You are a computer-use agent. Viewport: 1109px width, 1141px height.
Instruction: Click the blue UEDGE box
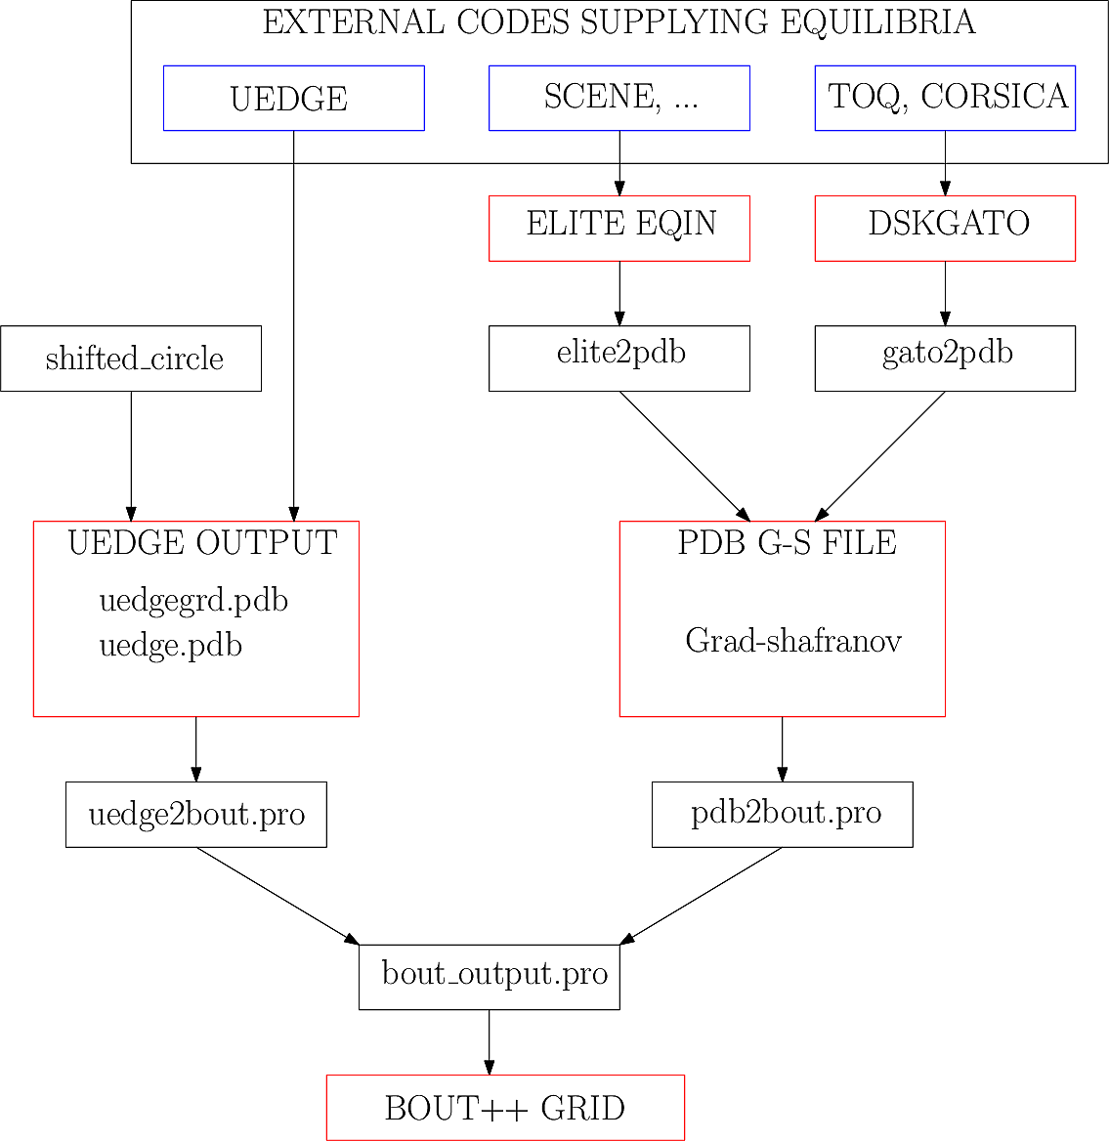click(x=293, y=98)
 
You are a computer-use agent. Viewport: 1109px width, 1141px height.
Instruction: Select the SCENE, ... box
click(x=618, y=98)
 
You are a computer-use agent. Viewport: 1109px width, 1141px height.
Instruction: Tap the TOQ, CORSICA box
click(x=945, y=98)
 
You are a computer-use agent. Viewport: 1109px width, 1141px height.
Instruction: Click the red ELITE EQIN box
click(x=618, y=228)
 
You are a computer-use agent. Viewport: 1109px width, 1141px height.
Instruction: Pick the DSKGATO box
click(x=945, y=228)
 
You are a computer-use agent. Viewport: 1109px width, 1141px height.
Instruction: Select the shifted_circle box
click(x=131, y=359)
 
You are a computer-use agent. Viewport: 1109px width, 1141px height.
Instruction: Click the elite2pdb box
click(x=618, y=359)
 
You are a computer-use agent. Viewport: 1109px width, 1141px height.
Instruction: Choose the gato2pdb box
click(x=945, y=359)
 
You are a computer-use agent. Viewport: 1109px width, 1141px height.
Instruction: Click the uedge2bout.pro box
click(x=195, y=814)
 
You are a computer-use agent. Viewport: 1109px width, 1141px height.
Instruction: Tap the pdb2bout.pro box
click(x=782, y=814)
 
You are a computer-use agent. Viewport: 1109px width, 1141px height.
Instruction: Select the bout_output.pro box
click(x=489, y=976)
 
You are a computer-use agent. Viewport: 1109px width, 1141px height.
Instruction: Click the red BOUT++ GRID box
click(x=505, y=1108)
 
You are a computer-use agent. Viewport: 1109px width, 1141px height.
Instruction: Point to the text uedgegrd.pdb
click(x=193, y=600)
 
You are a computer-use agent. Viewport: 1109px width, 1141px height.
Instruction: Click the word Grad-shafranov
click(x=792, y=641)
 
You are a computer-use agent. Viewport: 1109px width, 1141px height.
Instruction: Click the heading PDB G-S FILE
click(x=787, y=542)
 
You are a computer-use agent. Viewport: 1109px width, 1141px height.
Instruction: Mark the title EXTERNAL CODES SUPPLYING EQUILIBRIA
click(x=618, y=22)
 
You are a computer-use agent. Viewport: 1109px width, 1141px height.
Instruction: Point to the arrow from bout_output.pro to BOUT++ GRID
click(x=489, y=1042)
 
